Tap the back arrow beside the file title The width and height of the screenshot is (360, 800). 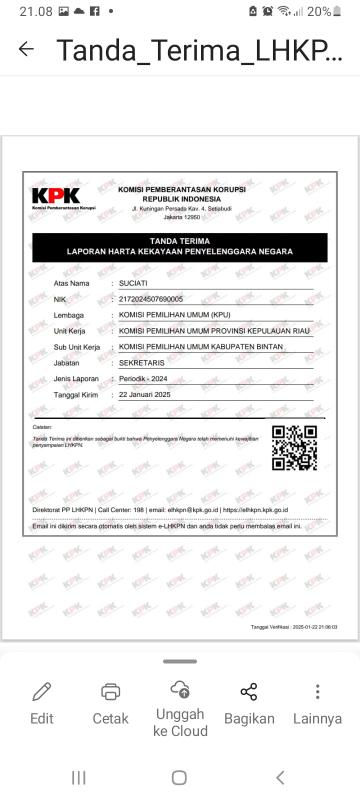click(26, 49)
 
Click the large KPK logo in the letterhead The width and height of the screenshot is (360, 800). click(56, 195)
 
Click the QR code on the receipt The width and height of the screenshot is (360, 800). click(294, 448)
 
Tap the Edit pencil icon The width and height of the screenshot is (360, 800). click(41, 691)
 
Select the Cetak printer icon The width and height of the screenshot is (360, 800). click(110, 691)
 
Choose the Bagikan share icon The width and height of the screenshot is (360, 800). click(248, 691)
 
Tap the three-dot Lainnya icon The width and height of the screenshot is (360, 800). click(317, 691)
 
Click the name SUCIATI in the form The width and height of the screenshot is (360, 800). click(133, 283)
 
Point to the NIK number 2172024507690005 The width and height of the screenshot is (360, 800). click(150, 299)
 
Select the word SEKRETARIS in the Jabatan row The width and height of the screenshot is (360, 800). click(141, 363)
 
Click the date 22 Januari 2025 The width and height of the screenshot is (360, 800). click(144, 394)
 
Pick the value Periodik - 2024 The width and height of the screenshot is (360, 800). click(143, 378)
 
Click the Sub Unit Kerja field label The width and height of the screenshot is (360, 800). click(77, 347)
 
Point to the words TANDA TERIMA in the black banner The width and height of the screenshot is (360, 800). click(180, 241)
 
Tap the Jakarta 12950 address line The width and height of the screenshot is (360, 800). click(181, 217)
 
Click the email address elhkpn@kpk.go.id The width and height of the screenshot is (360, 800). click(193, 510)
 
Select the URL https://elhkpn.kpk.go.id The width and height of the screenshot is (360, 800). click(255, 510)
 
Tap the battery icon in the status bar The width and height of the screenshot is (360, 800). click(337, 11)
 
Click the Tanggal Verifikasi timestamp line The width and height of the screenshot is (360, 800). click(294, 626)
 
